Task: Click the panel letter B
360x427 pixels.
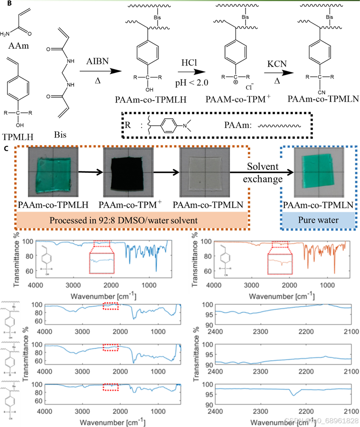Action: (x=4, y=3)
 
